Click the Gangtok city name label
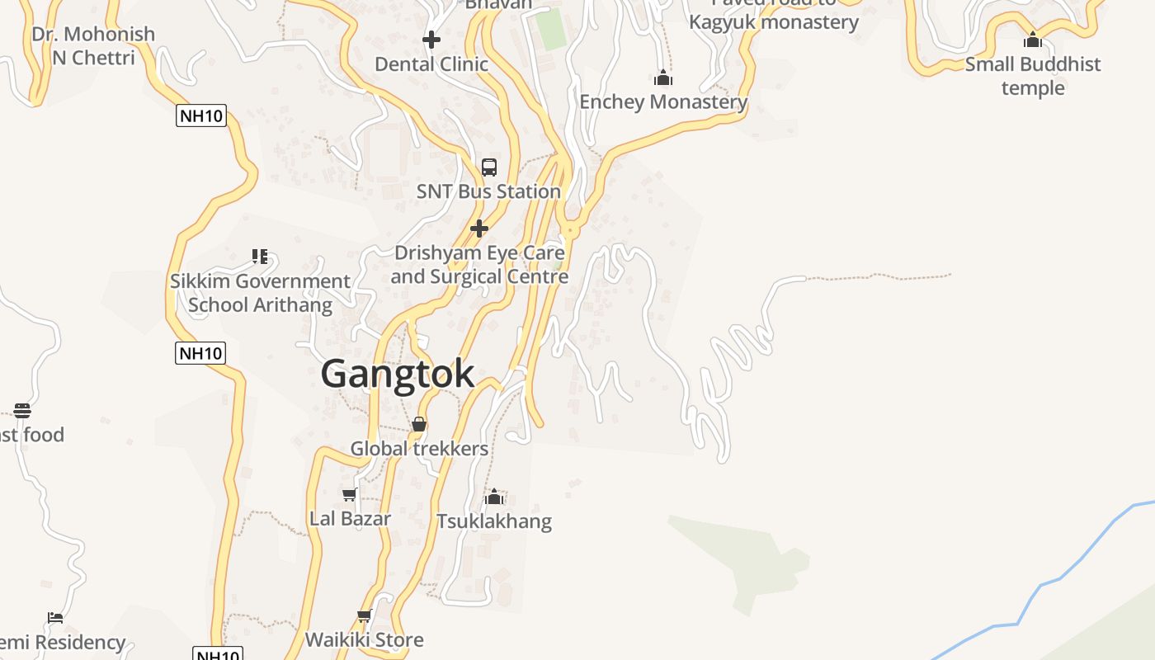pos(397,374)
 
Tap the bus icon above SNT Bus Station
pos(489,167)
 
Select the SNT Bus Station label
pos(488,191)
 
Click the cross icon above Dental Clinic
pos(431,40)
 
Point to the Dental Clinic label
pos(431,64)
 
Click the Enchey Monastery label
pos(663,102)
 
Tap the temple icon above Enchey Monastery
pos(662,78)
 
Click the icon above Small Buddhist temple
pos(1033,40)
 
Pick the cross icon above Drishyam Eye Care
pos(479,228)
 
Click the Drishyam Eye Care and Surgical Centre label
pos(479,264)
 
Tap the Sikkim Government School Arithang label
pos(260,293)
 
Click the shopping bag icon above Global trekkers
pos(419,425)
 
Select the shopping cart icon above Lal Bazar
pos(350,495)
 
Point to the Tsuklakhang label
pos(493,521)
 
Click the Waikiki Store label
pos(364,639)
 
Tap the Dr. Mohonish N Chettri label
pos(92,45)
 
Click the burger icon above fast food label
pos(22,411)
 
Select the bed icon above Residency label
pos(55,618)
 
